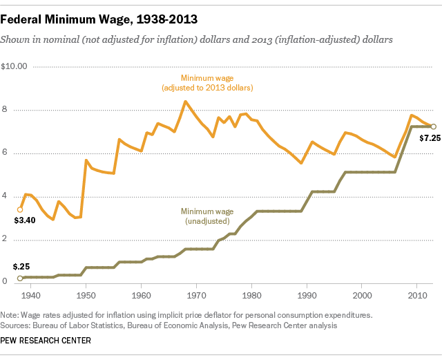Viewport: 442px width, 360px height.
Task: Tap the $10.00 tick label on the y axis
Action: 14,67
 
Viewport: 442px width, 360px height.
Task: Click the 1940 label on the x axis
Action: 30,295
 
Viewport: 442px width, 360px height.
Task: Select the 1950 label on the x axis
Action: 86,295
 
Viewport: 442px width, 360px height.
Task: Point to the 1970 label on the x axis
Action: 197,295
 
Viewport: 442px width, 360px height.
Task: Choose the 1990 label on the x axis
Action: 307,295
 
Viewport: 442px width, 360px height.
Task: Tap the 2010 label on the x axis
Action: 419,295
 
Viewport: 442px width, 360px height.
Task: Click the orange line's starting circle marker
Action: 20,209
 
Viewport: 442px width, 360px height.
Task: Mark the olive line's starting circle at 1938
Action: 20,278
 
